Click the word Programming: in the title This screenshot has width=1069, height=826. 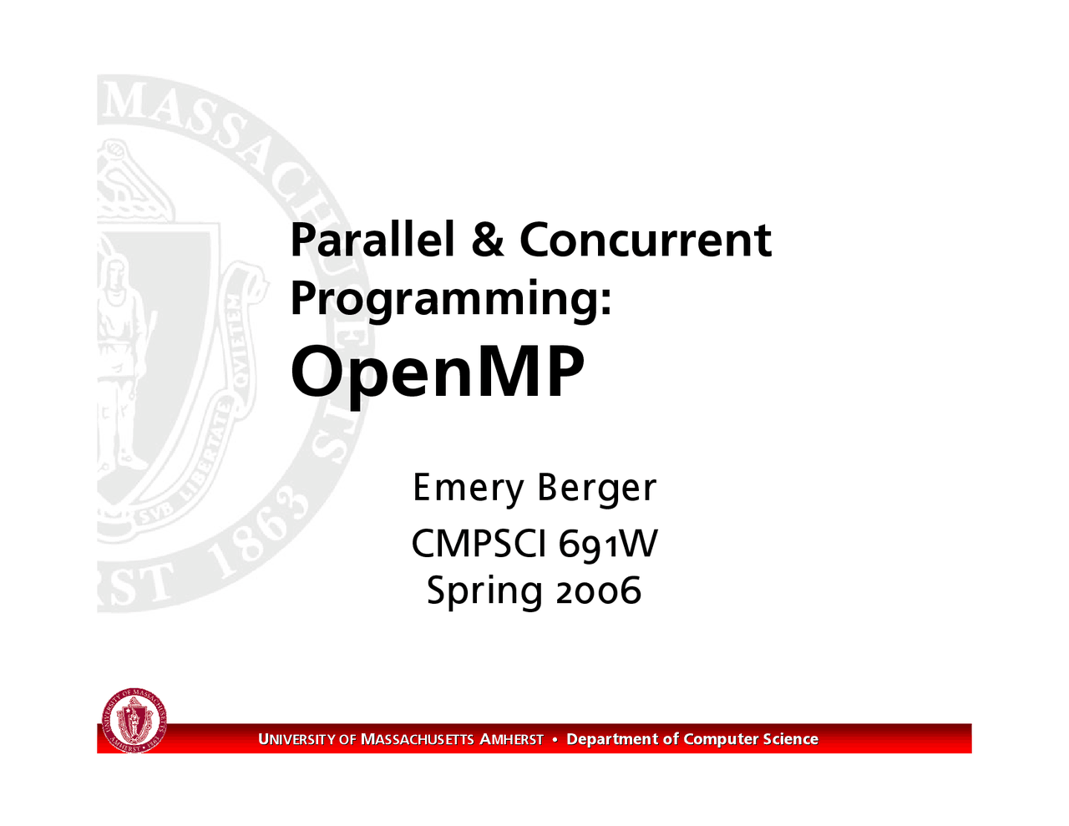(x=451, y=300)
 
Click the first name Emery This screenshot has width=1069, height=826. (x=468, y=489)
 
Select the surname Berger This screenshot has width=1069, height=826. (x=597, y=489)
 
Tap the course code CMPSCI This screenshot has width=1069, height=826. (x=479, y=544)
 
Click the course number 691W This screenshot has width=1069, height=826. (x=608, y=545)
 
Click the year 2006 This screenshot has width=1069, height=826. (x=599, y=590)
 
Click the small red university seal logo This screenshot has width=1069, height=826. (x=134, y=721)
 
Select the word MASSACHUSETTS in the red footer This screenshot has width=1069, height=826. (x=418, y=739)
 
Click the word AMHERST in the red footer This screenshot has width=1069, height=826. (x=512, y=739)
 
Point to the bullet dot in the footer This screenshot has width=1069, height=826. (x=555, y=739)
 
